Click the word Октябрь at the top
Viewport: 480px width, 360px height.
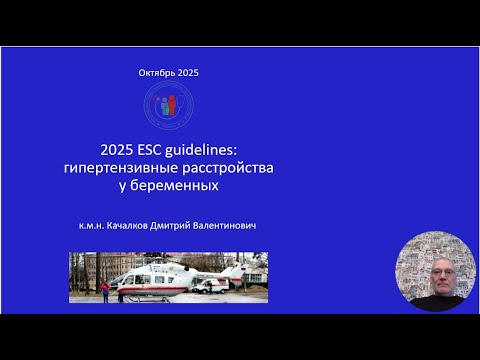[156, 74]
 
